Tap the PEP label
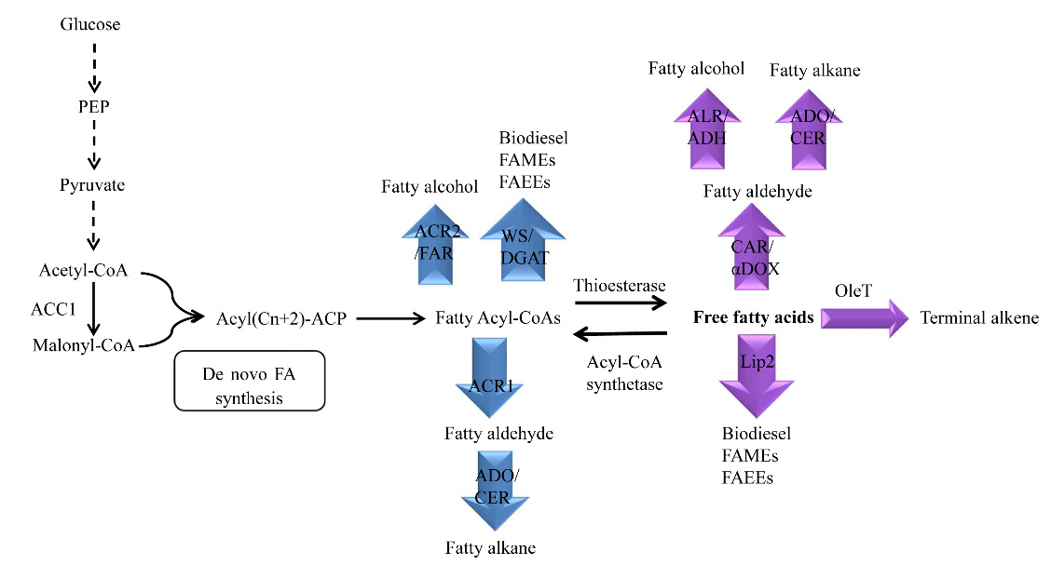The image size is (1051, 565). point(93,106)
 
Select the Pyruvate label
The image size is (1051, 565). point(93,185)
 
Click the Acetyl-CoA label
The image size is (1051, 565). point(83,270)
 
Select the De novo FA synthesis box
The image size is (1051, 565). point(249,381)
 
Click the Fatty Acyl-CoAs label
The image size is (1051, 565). point(498,318)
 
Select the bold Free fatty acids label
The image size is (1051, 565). point(753,318)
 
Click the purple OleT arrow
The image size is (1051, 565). point(864,318)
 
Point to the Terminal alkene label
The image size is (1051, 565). point(979,318)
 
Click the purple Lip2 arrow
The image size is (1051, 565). point(756,371)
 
